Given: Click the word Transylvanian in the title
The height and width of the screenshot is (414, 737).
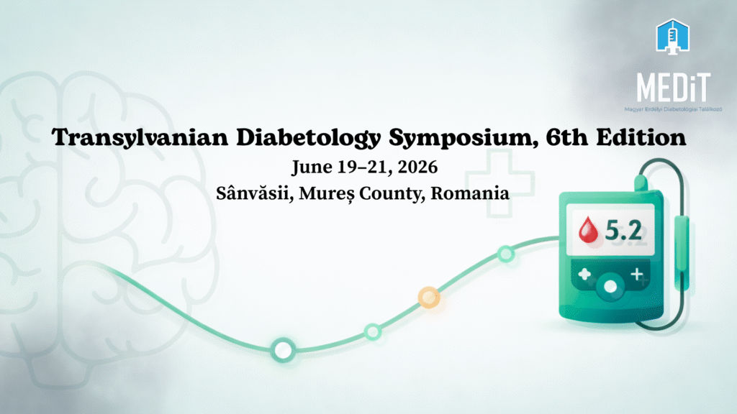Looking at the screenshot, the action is [140, 137].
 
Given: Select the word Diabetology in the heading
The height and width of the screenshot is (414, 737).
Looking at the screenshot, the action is [308, 138].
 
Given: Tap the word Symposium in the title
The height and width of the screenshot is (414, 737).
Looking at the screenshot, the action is [464, 138].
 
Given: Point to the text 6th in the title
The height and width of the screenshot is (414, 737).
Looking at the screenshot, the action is [566, 137].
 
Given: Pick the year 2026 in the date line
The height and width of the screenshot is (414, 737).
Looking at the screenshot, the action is [417, 167].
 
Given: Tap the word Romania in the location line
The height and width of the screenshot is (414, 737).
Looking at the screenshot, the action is [469, 193].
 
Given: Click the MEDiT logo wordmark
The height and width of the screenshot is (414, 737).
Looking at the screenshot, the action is [673, 88].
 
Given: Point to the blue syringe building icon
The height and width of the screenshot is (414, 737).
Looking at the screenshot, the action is [673, 36].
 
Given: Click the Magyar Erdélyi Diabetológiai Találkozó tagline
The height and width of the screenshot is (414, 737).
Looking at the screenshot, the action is [673, 109].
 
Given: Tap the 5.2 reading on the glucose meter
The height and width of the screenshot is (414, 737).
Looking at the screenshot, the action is [623, 230].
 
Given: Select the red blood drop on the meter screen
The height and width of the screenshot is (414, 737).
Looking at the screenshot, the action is [588, 229].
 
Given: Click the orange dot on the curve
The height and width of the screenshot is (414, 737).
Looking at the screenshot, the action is [429, 298].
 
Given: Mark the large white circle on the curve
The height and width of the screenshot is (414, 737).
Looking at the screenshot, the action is [283, 350].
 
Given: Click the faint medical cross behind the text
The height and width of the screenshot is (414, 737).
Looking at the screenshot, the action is [499, 183].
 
